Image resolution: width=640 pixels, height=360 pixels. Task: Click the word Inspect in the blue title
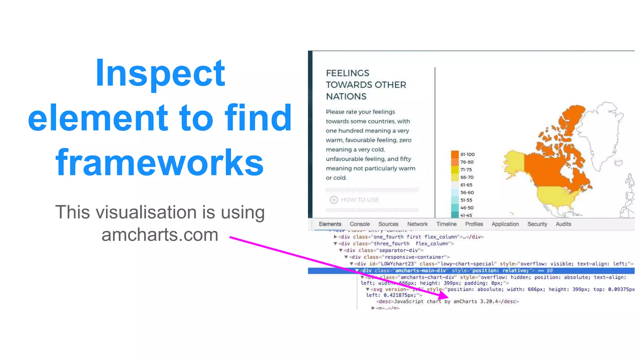(160, 73)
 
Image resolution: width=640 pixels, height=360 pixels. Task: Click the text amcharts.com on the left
(160, 235)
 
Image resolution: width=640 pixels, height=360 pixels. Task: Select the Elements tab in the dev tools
(330, 224)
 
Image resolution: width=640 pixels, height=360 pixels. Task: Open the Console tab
(359, 224)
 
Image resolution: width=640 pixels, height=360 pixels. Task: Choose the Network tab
(417, 224)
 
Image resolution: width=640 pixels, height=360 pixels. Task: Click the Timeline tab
(446, 224)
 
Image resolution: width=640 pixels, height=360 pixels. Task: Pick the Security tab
(537, 224)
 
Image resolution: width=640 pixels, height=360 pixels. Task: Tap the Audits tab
(563, 224)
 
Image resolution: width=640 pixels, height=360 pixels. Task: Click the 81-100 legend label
(467, 154)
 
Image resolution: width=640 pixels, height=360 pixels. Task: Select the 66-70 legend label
(467, 177)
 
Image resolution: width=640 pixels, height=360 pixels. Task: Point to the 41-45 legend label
(466, 215)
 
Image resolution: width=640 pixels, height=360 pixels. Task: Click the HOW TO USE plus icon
(334, 200)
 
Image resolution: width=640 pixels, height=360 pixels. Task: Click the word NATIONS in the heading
(346, 97)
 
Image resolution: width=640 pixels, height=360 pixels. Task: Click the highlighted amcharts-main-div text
(420, 271)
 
